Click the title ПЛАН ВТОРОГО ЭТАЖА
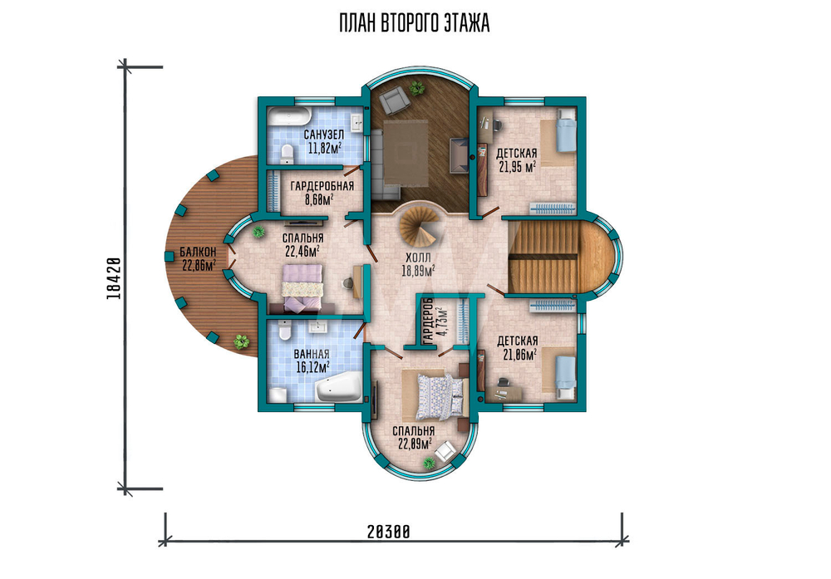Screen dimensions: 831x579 415,24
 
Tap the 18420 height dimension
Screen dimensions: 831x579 114,278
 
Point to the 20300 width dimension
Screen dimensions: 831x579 388,532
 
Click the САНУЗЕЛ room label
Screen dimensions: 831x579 324,135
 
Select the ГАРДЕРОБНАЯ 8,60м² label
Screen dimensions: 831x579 322,193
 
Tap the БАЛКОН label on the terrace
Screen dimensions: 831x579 198,252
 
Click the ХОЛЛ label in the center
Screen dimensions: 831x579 419,258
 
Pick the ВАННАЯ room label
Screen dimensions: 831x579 312,355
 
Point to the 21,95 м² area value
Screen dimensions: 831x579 517,168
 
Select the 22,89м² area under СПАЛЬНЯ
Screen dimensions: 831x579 414,444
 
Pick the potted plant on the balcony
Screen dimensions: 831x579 242,341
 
